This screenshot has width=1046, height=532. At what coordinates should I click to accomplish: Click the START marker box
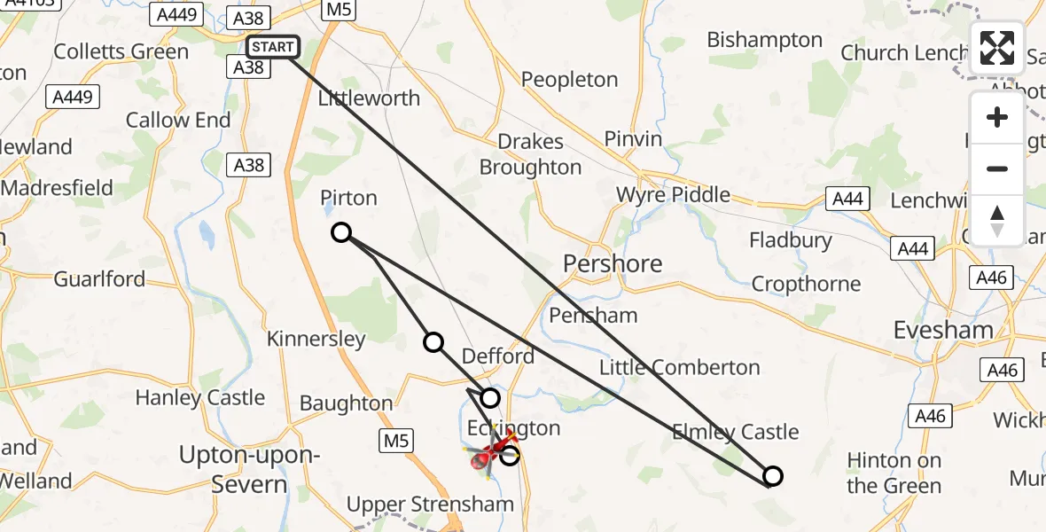click(x=273, y=47)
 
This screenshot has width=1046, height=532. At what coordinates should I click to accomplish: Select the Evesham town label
click(x=943, y=330)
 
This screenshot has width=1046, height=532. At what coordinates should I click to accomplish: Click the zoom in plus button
click(x=997, y=117)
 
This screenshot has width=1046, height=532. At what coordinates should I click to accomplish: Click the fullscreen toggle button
click(x=997, y=48)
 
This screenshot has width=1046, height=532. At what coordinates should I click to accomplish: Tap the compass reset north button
click(x=997, y=221)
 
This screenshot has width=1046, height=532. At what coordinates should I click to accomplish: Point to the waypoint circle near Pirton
click(x=341, y=233)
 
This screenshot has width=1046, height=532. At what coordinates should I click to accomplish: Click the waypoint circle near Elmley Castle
click(x=773, y=476)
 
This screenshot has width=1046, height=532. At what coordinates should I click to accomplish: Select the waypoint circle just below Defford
click(x=490, y=398)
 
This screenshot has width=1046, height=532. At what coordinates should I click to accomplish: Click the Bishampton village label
click(x=765, y=40)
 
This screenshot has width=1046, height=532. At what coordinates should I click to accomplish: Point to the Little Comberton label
click(x=680, y=367)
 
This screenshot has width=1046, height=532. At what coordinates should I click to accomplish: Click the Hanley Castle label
click(x=200, y=397)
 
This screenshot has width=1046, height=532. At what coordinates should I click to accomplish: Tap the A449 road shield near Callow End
click(x=73, y=97)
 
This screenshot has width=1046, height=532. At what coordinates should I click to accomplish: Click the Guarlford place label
click(x=99, y=279)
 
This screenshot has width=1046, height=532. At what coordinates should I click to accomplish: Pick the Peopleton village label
click(x=569, y=80)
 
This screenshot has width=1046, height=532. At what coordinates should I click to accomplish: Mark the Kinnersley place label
click(x=316, y=339)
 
